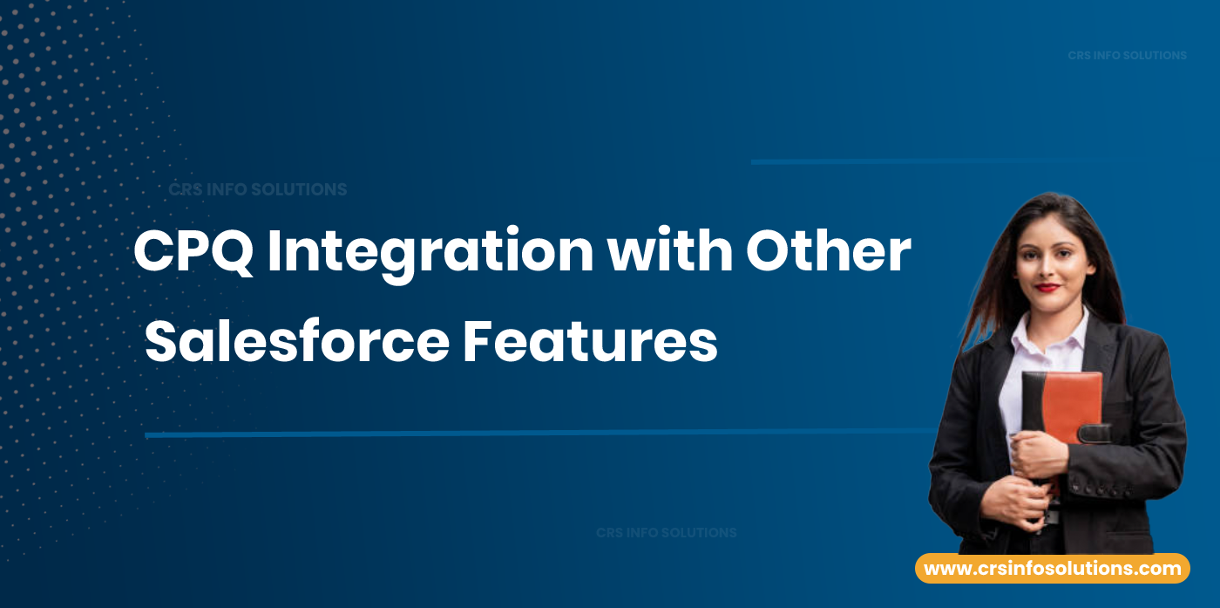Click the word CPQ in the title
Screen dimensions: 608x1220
193,252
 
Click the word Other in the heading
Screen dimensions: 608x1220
828,252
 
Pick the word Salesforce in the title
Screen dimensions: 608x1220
296,343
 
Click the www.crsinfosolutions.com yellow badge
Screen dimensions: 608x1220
1052,569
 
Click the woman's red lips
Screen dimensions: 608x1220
1048,288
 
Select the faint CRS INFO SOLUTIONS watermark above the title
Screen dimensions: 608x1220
257,189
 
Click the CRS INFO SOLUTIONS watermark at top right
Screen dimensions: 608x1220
1127,55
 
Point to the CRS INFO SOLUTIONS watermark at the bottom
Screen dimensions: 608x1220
666,532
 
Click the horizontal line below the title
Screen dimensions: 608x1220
523,433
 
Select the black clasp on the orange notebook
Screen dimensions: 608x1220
1093,433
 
